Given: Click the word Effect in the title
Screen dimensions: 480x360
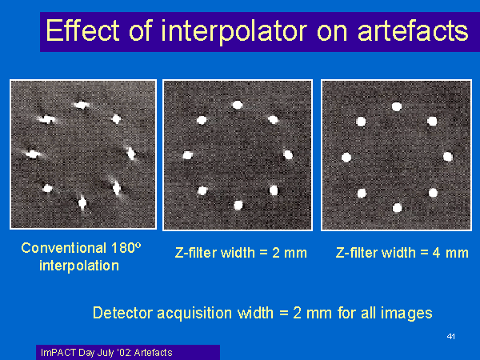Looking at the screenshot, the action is tap(82, 30).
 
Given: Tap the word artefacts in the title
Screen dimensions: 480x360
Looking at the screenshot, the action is tap(413, 30).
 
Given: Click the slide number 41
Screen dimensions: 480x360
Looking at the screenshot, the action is tap(450, 337).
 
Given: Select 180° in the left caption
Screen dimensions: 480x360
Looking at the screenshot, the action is tap(126, 248).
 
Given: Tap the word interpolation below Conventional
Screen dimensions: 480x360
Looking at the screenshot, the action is tap(79, 266).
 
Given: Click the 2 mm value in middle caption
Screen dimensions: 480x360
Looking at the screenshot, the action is tap(290, 253).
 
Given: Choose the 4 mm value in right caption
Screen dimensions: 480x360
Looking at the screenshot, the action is tap(450, 253).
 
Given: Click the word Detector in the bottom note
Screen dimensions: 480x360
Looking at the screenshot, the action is tap(122, 313).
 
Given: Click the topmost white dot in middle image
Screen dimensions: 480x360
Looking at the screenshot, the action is tap(238, 105).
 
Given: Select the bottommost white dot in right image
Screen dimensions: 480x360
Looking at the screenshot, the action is tap(397, 208).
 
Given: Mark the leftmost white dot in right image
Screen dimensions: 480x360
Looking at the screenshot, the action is tap(346, 158).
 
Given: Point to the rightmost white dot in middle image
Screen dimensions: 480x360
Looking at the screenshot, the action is tap(288, 154).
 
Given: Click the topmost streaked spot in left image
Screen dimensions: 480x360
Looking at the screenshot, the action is tap(81, 106).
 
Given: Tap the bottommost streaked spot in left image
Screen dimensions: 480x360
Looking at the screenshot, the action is tap(82, 202).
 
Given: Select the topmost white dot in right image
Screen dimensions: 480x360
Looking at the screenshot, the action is tap(397, 106).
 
